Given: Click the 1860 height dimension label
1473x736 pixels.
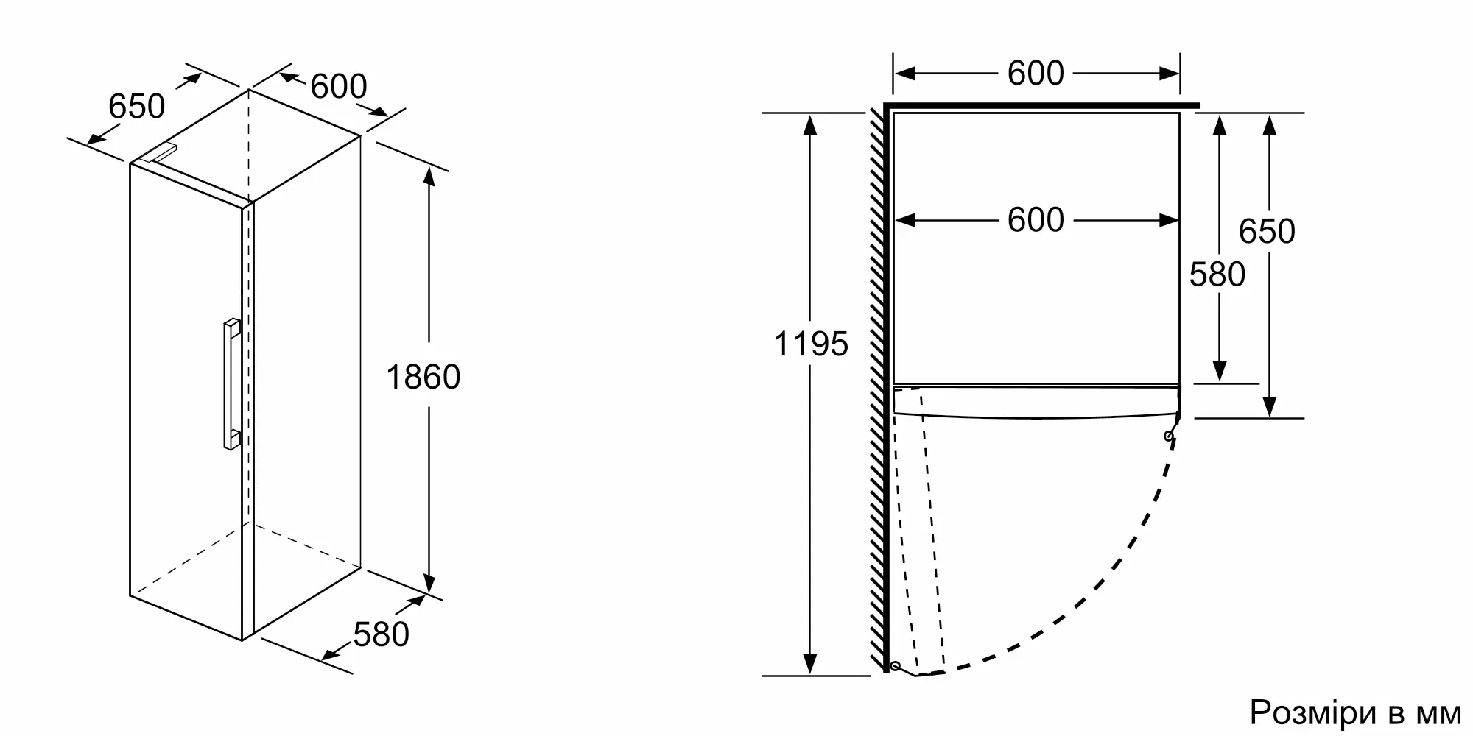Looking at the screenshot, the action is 423,378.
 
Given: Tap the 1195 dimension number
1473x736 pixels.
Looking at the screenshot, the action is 811,344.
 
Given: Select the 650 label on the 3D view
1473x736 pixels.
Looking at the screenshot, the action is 136,107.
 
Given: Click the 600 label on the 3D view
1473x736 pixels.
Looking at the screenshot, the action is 338,87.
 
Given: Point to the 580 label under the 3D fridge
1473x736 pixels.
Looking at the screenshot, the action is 381,634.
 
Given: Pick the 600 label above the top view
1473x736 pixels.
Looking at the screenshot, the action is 1036,74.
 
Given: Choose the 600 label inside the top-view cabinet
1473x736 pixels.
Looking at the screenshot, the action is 1036,220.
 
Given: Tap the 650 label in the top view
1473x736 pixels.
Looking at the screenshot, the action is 1267,232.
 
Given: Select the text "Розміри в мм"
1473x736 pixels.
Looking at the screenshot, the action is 1355,712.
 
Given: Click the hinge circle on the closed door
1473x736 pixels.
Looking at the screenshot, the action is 1169,436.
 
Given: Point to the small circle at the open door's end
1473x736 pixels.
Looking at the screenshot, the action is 896,666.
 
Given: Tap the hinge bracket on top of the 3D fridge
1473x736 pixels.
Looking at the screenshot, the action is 159,154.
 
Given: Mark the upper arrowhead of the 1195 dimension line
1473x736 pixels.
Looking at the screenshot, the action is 810,125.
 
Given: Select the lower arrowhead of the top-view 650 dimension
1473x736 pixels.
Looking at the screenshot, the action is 1268,406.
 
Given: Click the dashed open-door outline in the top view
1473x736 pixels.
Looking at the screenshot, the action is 931,537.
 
